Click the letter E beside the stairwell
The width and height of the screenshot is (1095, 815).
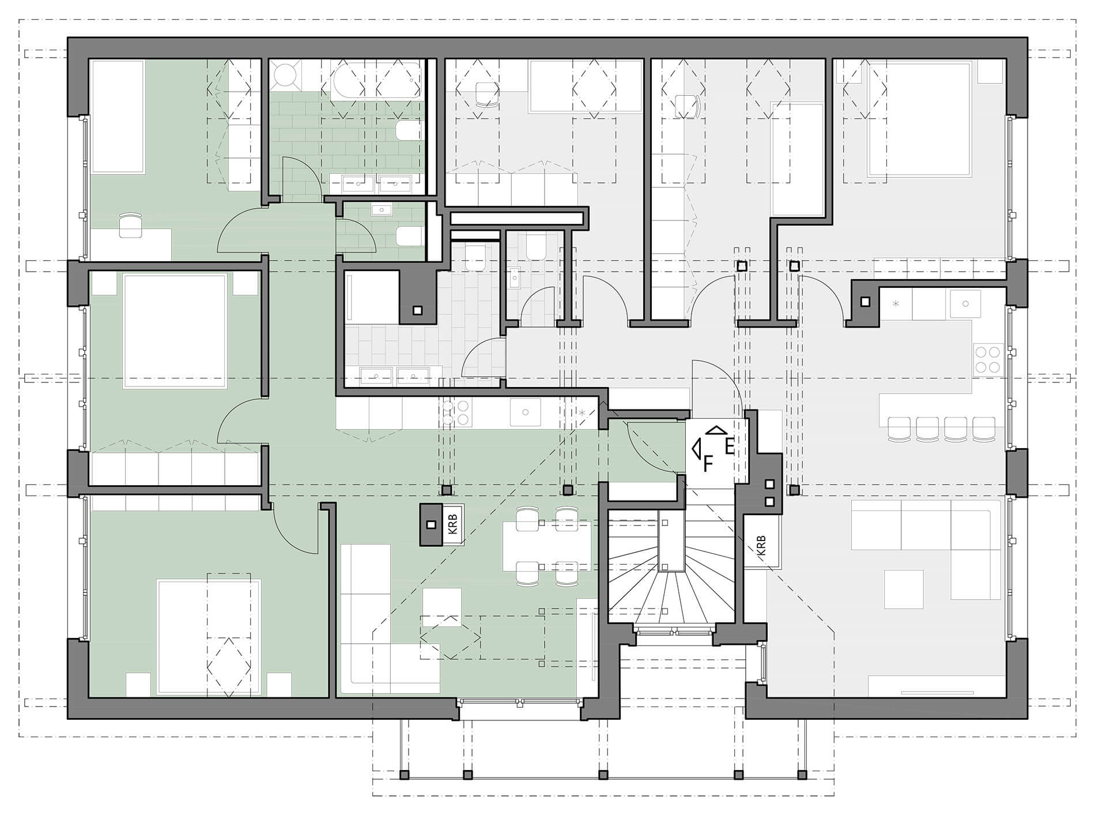click(x=729, y=446)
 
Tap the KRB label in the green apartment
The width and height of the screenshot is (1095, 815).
click(x=452, y=525)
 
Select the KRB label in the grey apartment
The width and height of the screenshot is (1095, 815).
click(x=761, y=546)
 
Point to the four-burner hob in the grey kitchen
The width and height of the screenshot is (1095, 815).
click(x=987, y=359)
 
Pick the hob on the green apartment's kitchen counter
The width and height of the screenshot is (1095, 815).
click(x=456, y=413)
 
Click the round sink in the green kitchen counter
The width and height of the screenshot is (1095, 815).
click(x=525, y=412)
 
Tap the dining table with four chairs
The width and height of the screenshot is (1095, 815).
click(x=547, y=546)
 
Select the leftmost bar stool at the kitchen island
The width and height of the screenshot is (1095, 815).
click(x=900, y=429)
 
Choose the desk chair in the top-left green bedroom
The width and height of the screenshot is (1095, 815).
click(x=130, y=224)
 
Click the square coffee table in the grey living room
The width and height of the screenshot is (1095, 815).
click(x=904, y=589)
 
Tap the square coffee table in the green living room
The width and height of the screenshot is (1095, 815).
click(x=442, y=607)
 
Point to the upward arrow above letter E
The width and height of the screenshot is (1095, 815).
click(x=716, y=430)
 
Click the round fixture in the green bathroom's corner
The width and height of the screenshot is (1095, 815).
click(x=284, y=75)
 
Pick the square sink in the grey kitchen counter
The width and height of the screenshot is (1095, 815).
click(x=965, y=303)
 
